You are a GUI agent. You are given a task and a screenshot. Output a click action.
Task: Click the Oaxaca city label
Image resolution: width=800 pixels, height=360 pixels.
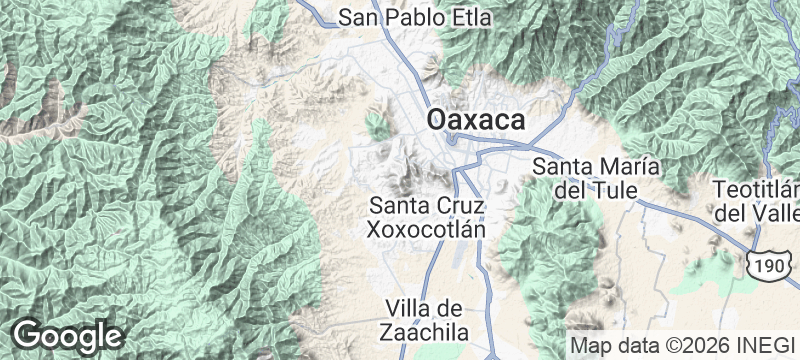point(477,119)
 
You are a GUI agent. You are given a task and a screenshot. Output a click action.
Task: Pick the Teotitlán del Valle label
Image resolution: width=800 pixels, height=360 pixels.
point(757,201)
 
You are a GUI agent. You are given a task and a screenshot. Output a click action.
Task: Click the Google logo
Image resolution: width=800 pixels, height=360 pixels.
point(67,335)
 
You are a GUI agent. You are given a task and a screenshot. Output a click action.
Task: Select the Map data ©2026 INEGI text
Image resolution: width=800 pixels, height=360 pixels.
point(681,344)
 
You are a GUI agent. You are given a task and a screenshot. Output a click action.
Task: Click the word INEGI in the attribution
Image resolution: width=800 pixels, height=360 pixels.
point(768,344)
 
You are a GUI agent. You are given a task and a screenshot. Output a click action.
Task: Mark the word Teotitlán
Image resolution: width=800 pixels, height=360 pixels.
point(757,190)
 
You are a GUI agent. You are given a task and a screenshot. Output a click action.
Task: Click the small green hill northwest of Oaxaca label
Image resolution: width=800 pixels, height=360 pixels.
point(377,126)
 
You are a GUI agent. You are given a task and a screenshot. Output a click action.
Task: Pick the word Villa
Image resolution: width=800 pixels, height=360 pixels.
point(409,307)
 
